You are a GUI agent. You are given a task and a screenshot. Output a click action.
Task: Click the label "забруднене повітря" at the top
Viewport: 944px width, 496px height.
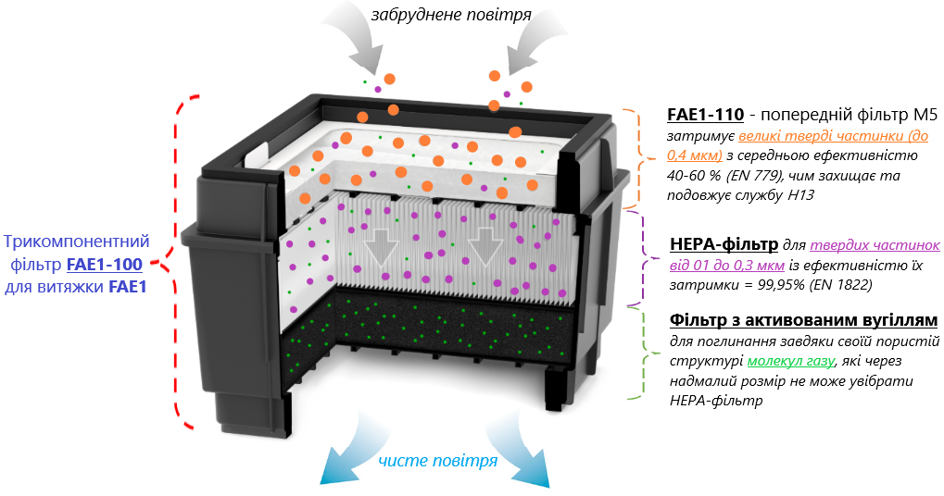[x=451, y=15]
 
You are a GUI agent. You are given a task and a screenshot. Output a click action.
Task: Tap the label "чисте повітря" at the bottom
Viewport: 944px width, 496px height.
[x=437, y=460]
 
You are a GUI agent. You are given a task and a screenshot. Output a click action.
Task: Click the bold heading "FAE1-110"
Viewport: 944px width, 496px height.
[x=705, y=115]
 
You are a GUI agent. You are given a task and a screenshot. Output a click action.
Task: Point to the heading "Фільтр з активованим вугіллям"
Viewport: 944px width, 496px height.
[x=802, y=320]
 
